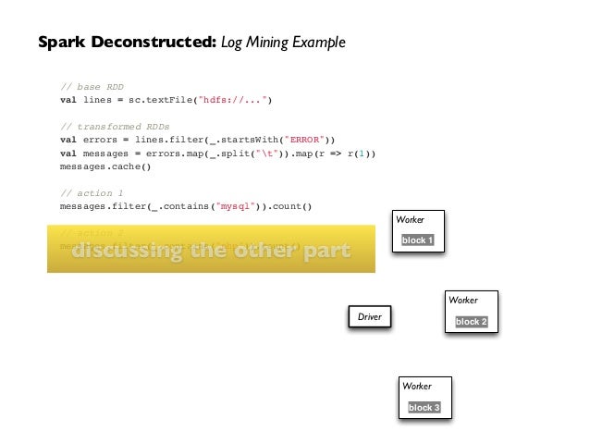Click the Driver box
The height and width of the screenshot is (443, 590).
(x=369, y=317)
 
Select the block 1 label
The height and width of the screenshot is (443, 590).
(x=417, y=240)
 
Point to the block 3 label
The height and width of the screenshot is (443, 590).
(x=424, y=407)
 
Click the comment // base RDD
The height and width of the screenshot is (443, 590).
(x=92, y=87)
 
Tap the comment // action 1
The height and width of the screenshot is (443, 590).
(x=91, y=192)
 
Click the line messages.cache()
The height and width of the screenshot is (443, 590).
(x=104, y=166)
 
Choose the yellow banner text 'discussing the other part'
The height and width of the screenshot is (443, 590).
(x=212, y=252)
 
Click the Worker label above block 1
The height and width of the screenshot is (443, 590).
(x=410, y=219)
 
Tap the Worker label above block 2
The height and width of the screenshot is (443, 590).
(x=462, y=301)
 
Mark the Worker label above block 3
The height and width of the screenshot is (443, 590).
(x=416, y=386)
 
